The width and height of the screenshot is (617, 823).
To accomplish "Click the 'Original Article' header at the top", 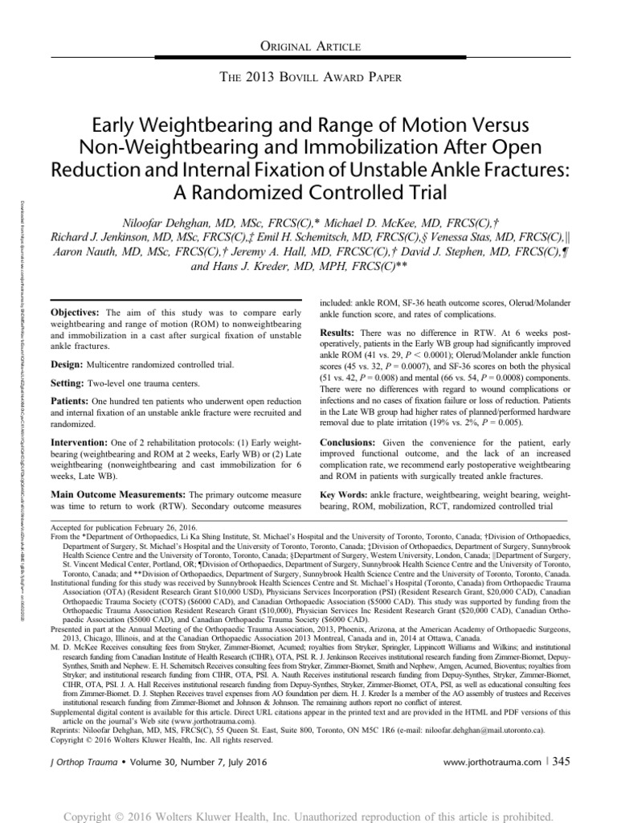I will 308,48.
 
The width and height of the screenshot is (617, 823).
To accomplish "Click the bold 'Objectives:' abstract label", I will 77,311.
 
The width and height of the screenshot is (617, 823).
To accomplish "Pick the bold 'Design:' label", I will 69,364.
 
